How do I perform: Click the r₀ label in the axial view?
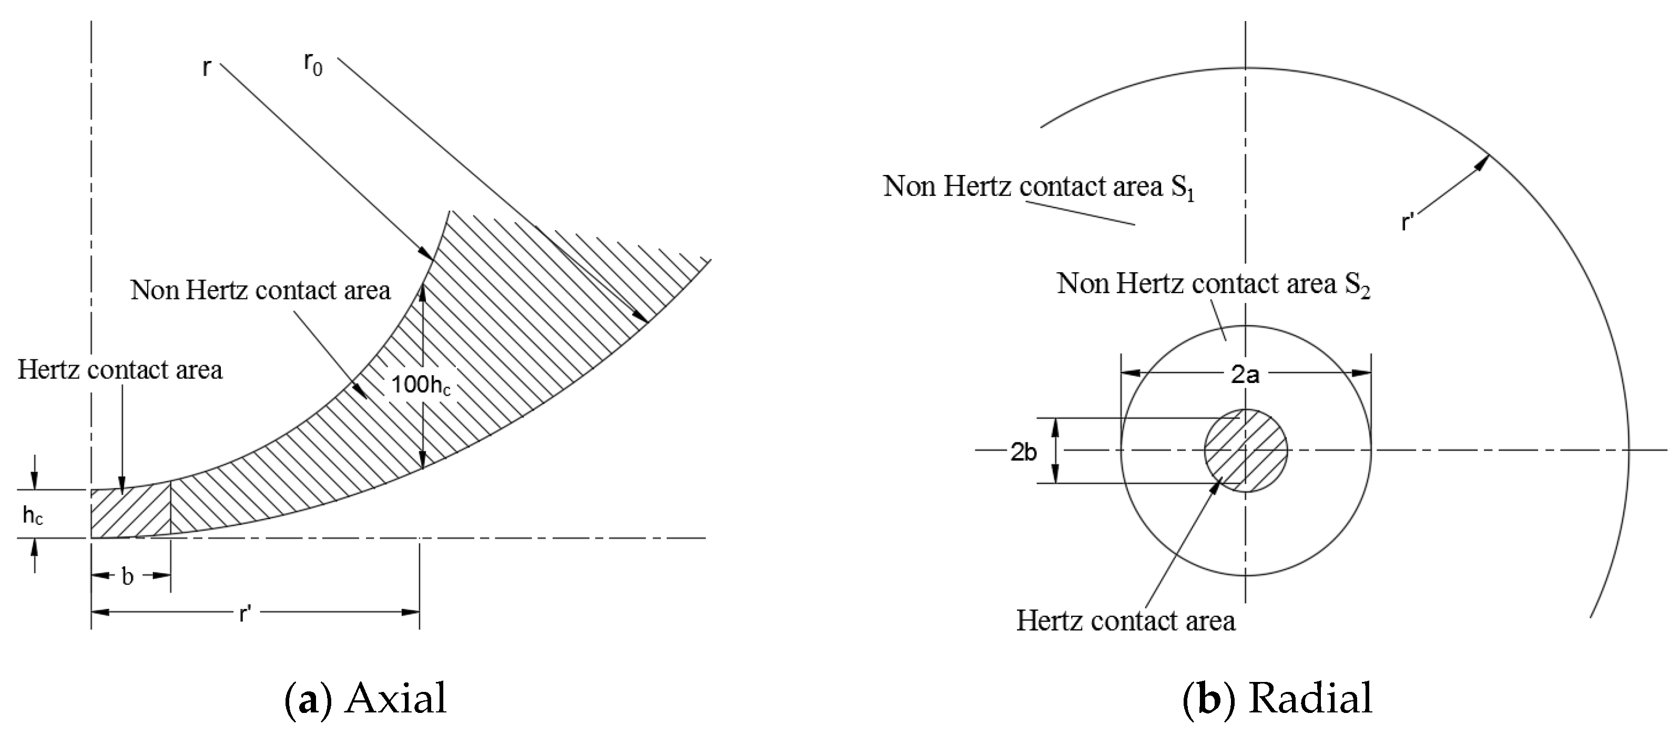[312, 65]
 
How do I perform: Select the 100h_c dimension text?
[421, 385]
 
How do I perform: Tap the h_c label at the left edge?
[33, 515]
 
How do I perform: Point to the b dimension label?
[128, 576]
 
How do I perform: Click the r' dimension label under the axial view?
[245, 613]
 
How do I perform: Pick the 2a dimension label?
[1245, 375]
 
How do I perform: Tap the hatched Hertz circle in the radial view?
[1246, 450]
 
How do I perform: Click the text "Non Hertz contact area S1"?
[1039, 187]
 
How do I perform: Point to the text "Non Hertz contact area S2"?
[1213, 284]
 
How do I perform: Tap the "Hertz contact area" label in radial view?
[1126, 620]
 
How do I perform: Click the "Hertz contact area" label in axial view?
[120, 370]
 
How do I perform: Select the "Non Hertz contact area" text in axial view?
[260, 290]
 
